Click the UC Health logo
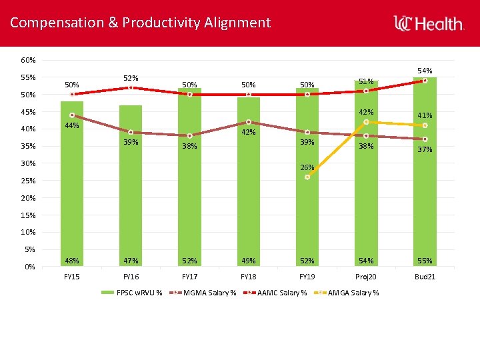[x=429, y=23]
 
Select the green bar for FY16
[x=131, y=186]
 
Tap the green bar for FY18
[x=248, y=182]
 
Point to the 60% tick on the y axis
[x=28, y=60]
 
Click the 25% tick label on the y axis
[x=28, y=181]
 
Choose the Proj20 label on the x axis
[x=366, y=277]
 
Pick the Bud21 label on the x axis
[x=425, y=277]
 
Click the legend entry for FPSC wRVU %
[x=131, y=293]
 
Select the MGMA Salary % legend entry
[x=203, y=293]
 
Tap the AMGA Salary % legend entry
[x=346, y=293]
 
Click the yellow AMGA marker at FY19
[x=307, y=177]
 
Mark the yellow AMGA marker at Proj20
[x=366, y=122]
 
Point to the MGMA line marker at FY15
[x=72, y=115]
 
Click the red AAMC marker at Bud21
[x=425, y=81]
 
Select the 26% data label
[x=307, y=167]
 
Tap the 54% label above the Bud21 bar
[x=425, y=71]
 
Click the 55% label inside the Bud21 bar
[x=425, y=261]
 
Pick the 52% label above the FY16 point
[x=131, y=78]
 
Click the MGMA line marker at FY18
[x=249, y=122]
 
